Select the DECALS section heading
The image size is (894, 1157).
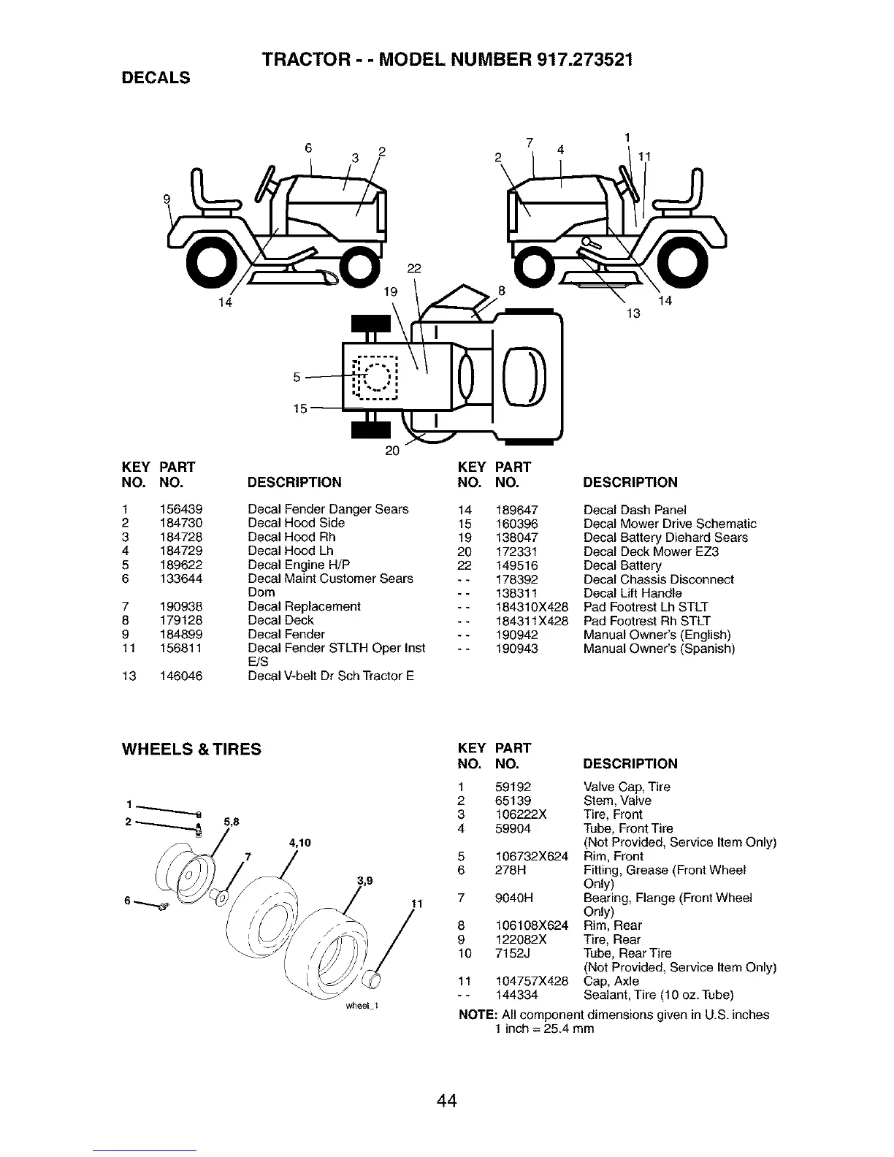pyautogui.click(x=155, y=77)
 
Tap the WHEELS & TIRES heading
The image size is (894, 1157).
pyautogui.click(x=191, y=749)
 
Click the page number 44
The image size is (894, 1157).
pyautogui.click(x=447, y=1100)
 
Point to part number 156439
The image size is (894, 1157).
pyautogui.click(x=181, y=509)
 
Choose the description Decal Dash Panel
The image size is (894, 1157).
pyautogui.click(x=635, y=510)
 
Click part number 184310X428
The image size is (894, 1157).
pyautogui.click(x=532, y=607)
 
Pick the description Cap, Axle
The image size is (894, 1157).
pyautogui.click(x=611, y=981)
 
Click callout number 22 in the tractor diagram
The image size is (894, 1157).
pyautogui.click(x=414, y=269)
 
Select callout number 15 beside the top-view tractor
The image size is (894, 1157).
pyautogui.click(x=300, y=409)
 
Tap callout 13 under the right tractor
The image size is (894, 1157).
pyautogui.click(x=633, y=313)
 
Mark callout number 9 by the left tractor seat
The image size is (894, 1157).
pyautogui.click(x=167, y=199)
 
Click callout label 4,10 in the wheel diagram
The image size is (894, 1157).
pyautogui.click(x=300, y=843)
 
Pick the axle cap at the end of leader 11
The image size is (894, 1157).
pyautogui.click(x=373, y=978)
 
